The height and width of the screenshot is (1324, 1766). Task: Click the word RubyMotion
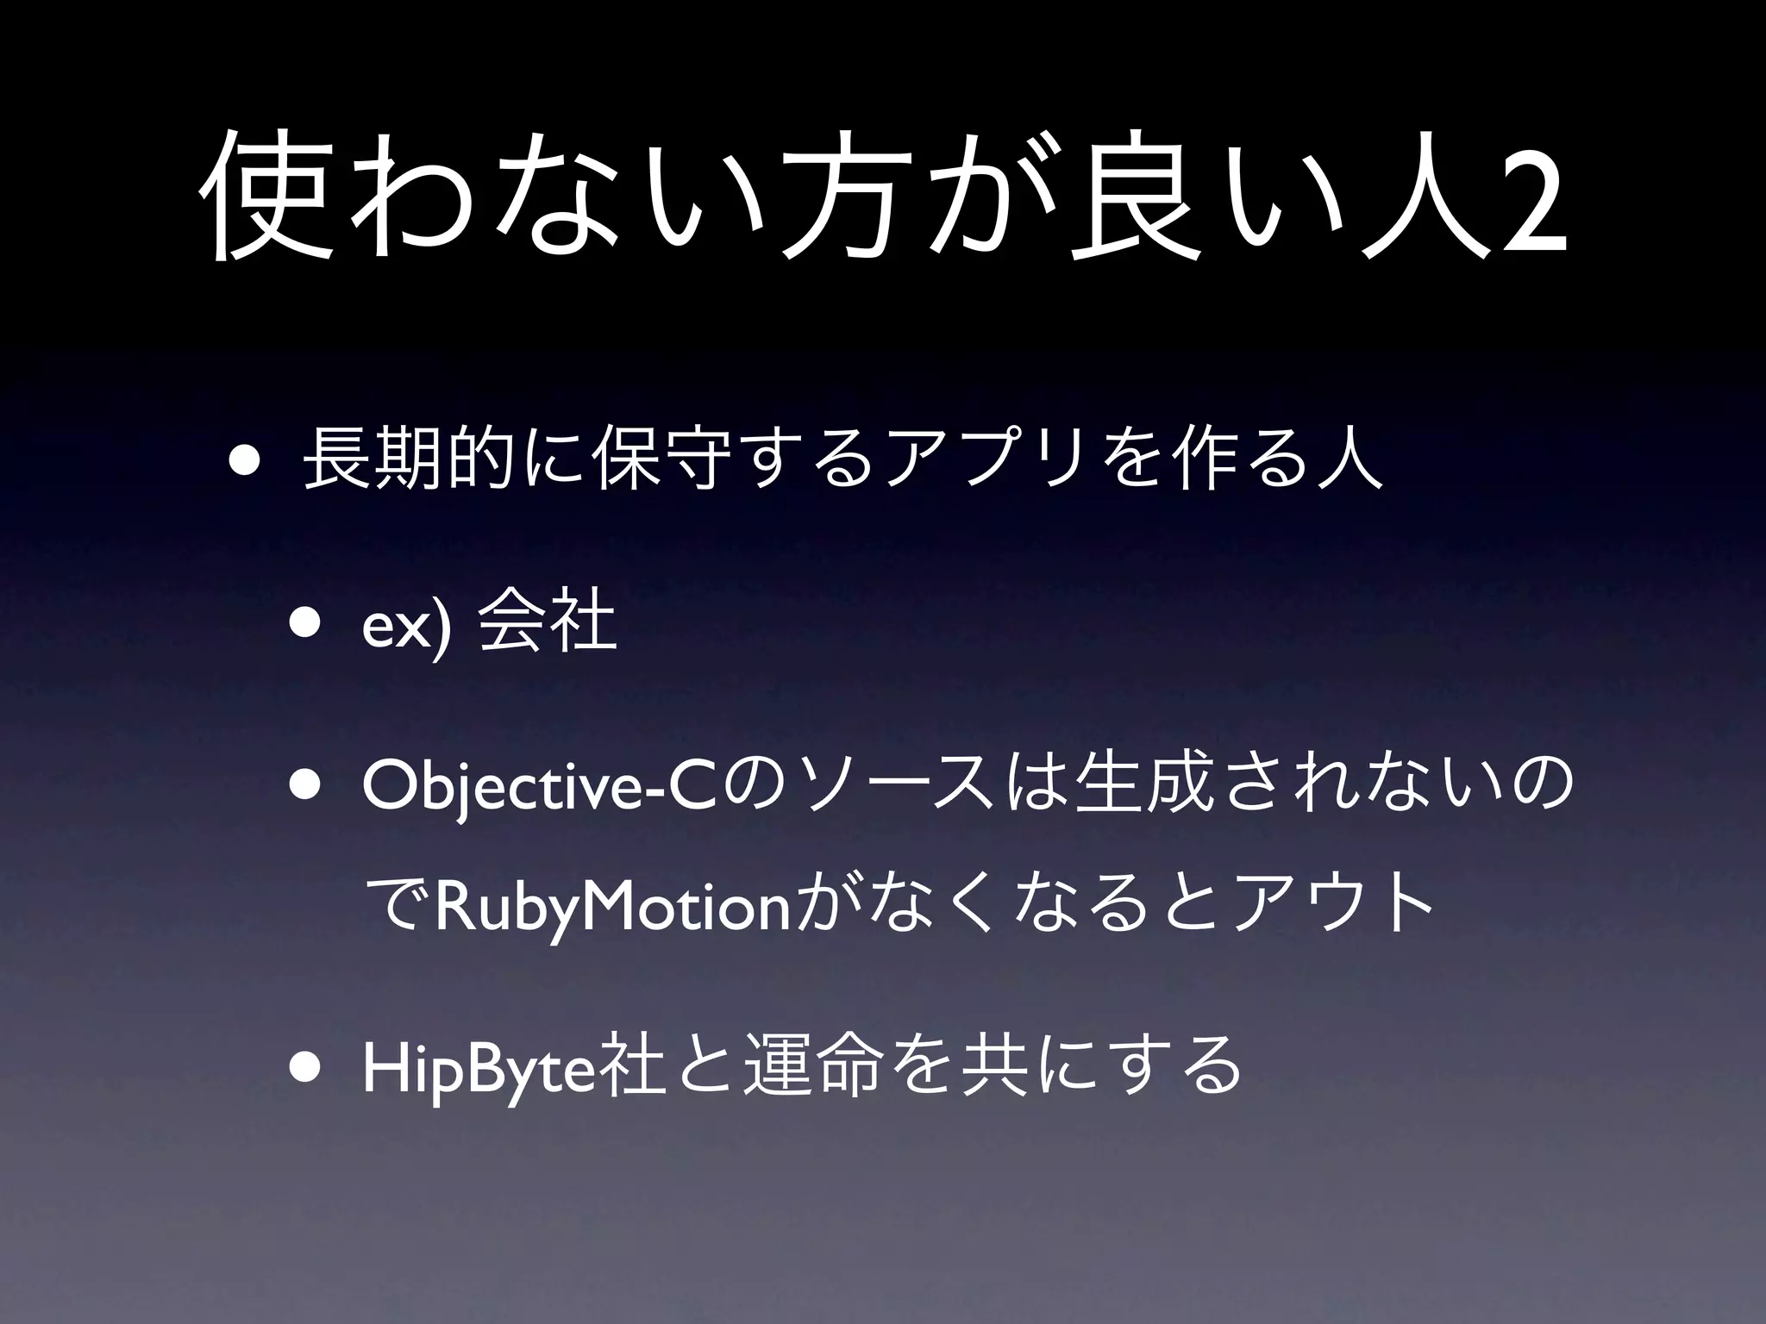613,908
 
